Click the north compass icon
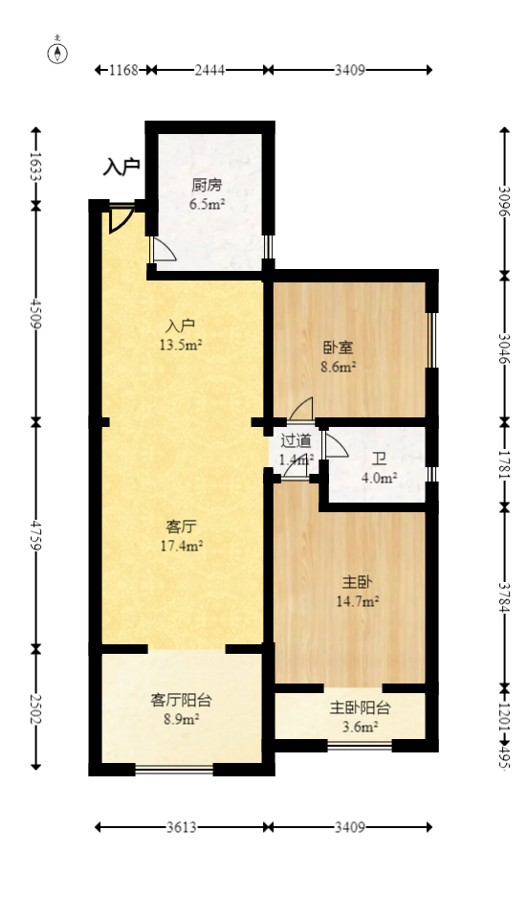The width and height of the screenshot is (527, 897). [59, 52]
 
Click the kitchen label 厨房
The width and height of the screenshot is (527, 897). [207, 186]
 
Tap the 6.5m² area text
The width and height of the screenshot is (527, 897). [207, 204]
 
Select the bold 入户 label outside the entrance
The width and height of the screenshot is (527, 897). [121, 166]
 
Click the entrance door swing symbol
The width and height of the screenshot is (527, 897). [120, 219]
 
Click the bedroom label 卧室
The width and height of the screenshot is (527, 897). [339, 348]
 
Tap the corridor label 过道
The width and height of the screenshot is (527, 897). [296, 441]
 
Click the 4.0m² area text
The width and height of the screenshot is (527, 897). [379, 478]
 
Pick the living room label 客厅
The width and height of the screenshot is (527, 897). [181, 527]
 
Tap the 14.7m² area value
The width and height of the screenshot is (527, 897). [359, 601]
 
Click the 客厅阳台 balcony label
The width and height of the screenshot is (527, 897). [181, 700]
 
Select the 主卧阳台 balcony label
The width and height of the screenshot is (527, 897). [360, 708]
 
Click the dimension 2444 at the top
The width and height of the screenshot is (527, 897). [209, 70]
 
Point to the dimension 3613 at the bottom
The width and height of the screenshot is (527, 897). [181, 827]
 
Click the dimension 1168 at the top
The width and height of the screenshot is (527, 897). [124, 70]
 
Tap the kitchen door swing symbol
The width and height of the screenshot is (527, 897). [163, 250]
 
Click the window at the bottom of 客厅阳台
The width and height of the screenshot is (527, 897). [173, 769]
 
